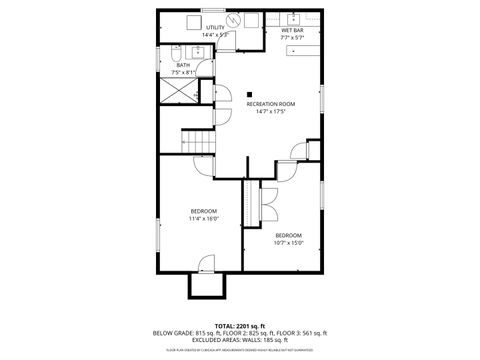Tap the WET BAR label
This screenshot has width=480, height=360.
[292, 30]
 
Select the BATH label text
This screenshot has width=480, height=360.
[184, 65]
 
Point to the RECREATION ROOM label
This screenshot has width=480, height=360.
[271, 103]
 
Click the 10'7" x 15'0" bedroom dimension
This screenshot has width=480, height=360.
[288, 241]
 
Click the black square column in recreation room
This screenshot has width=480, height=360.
[249, 96]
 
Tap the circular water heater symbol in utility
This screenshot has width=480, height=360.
[235, 20]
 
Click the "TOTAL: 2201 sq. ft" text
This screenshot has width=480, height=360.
[240, 325]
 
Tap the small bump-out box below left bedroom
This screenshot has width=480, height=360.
[205, 286]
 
